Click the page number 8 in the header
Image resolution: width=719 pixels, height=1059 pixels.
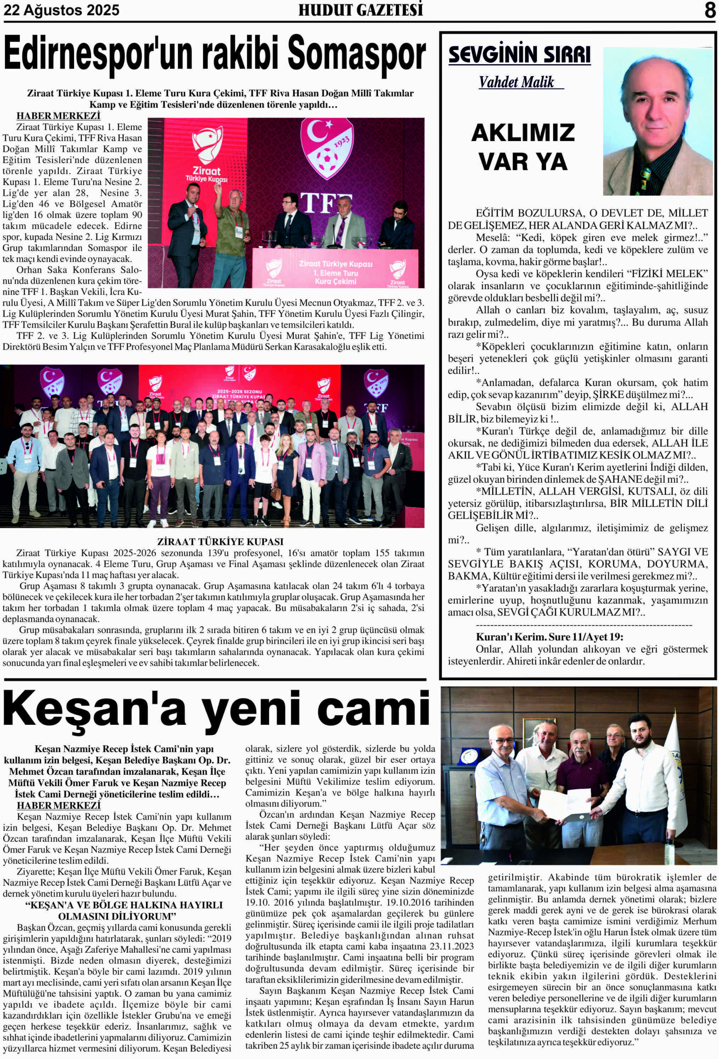tap(709, 10)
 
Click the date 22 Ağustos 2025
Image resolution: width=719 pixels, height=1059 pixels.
tap(62, 10)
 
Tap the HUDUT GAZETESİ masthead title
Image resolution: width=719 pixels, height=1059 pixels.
tap(360, 10)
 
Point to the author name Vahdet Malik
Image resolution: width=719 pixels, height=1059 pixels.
tap(516, 82)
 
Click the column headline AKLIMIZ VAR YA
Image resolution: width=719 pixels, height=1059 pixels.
tap(522, 147)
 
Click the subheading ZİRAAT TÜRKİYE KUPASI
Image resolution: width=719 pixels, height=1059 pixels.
tap(220, 542)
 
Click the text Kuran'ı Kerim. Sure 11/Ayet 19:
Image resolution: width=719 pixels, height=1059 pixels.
tap(549, 637)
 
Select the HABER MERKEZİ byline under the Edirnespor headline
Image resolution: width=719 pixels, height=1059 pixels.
tap(58, 116)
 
